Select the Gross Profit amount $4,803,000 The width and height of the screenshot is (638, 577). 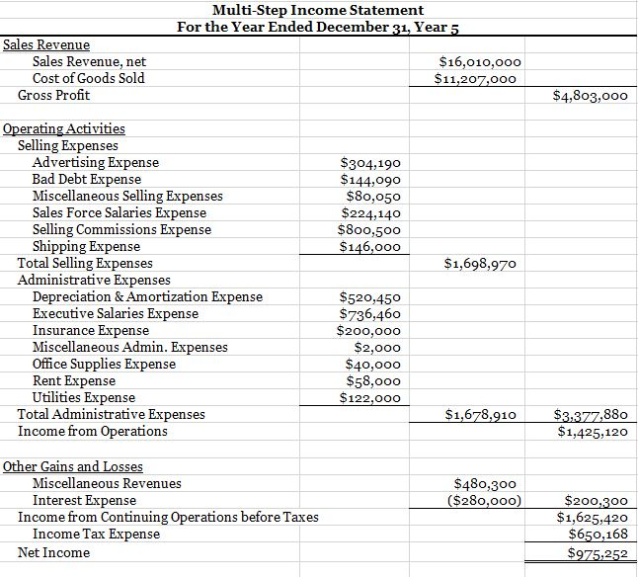(592, 96)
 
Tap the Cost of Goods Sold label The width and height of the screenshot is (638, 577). (88, 78)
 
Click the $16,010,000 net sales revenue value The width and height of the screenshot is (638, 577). (479, 62)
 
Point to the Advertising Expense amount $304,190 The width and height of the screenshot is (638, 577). (369, 163)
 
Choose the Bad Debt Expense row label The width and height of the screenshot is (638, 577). (86, 180)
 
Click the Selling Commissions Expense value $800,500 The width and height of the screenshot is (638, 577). (369, 230)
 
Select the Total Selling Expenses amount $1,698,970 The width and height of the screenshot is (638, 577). (479, 264)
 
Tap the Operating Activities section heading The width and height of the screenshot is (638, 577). (64, 128)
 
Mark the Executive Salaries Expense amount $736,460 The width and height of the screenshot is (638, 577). (369, 314)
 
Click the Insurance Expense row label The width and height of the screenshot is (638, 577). (91, 331)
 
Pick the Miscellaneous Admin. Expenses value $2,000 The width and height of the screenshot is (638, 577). (377, 348)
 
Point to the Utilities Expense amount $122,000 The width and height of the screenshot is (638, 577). (369, 398)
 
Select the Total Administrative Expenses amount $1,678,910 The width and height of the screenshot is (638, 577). (479, 415)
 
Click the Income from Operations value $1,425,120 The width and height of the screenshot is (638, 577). (592, 432)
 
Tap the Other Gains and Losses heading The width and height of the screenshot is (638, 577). (73, 466)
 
